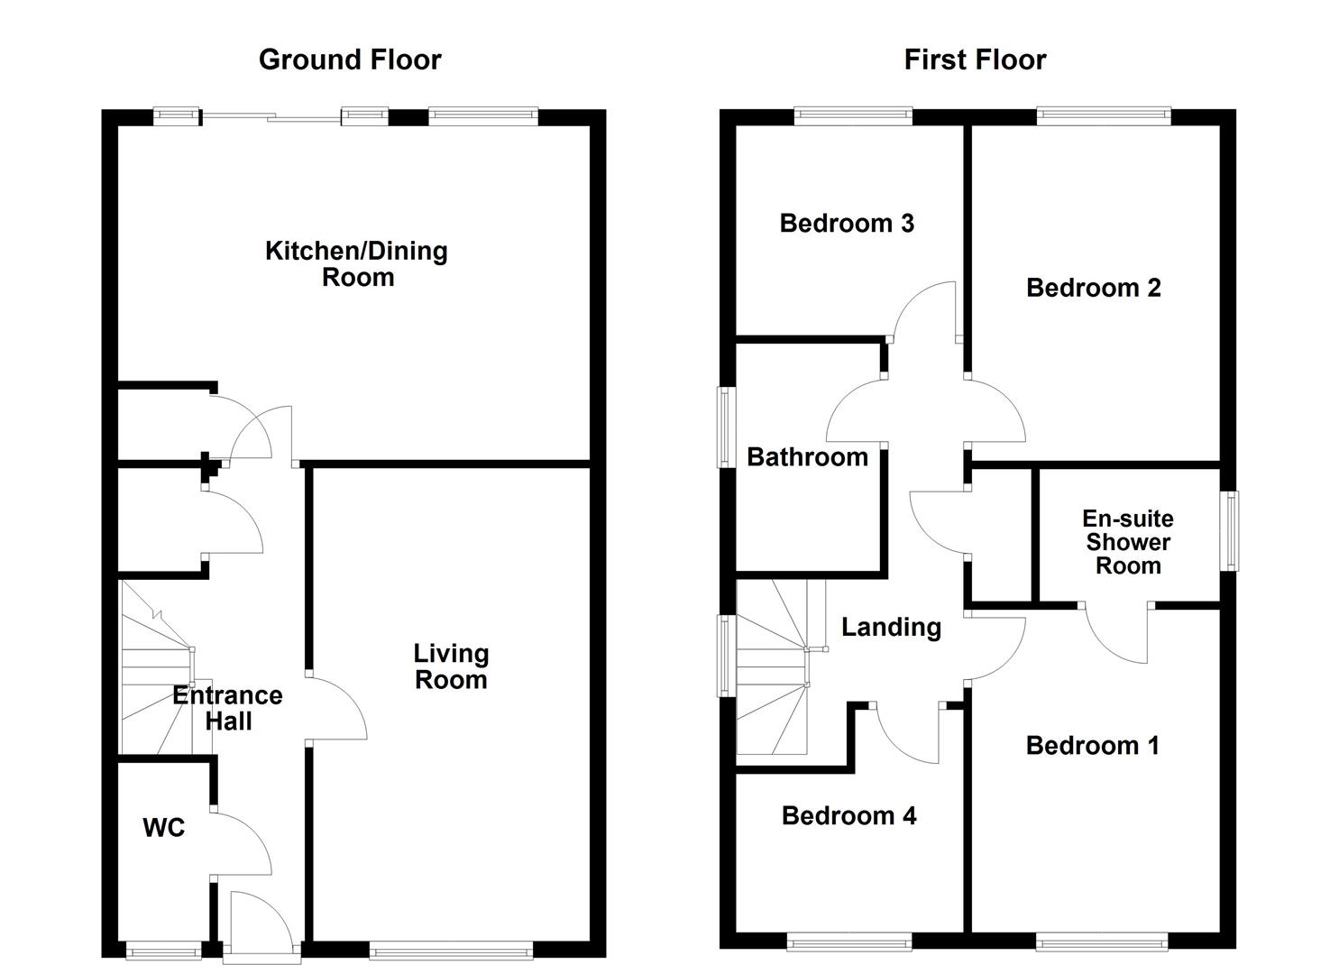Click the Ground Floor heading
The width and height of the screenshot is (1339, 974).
pyautogui.click(x=350, y=60)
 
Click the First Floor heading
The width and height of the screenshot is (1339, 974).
pyautogui.click(x=975, y=60)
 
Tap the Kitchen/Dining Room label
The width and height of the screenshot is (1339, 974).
pyautogui.click(x=357, y=263)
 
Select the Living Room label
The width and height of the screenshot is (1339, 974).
pyautogui.click(x=452, y=666)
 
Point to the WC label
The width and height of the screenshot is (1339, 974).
pyautogui.click(x=164, y=828)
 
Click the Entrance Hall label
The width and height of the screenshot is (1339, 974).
pyautogui.click(x=228, y=708)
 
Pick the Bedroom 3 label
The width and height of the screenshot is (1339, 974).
pyautogui.click(x=847, y=223)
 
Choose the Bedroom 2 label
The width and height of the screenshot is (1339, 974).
pyautogui.click(x=1094, y=288)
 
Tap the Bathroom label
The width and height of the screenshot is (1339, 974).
pyautogui.click(x=808, y=457)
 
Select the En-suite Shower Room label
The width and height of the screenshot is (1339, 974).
pyautogui.click(x=1128, y=542)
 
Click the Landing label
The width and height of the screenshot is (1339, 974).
pyautogui.click(x=891, y=627)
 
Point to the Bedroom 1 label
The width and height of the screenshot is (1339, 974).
pyautogui.click(x=1093, y=746)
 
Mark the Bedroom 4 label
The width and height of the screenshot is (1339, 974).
pyautogui.click(x=848, y=815)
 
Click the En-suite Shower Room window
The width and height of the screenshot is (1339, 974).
pyautogui.click(x=1229, y=531)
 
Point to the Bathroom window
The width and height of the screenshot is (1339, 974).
pyautogui.click(x=726, y=427)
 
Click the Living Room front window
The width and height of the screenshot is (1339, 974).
pyautogui.click(x=452, y=950)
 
